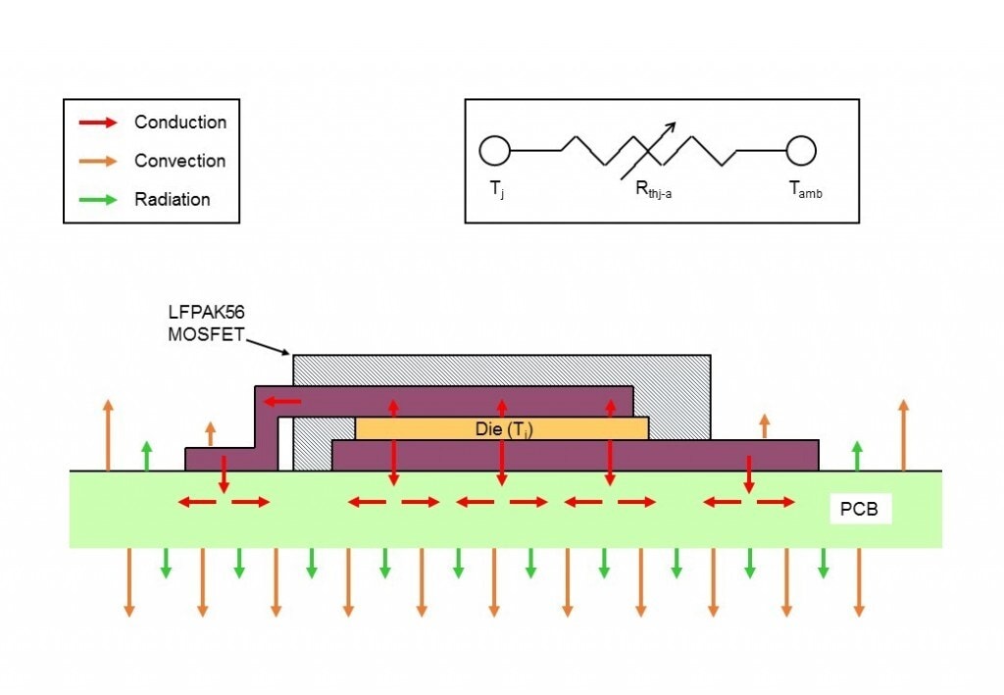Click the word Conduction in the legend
(180, 123)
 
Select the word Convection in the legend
(179, 161)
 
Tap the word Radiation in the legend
(173, 199)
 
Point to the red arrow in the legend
(97, 123)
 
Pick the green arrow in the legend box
(97, 199)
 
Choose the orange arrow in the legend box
(97, 161)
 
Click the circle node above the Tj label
(494, 151)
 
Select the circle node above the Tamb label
(801, 151)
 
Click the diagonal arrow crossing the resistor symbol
(648, 151)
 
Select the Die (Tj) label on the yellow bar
(501, 428)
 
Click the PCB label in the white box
(860, 510)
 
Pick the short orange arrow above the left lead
(210, 433)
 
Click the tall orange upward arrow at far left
(108, 434)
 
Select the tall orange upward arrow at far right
(903, 434)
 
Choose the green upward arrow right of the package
(858, 455)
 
